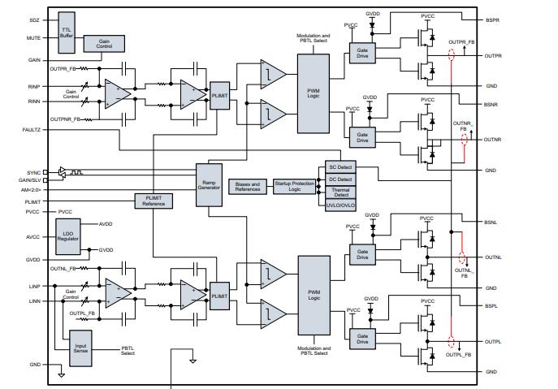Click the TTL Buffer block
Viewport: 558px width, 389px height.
[67, 30]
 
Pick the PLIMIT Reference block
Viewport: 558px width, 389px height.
[154, 200]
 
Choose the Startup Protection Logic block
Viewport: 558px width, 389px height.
[293, 186]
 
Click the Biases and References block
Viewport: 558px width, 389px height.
[248, 186]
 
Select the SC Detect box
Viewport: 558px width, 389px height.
[339, 166]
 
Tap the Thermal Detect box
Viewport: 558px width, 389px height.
[339, 192]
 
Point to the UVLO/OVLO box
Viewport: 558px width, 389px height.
[339, 207]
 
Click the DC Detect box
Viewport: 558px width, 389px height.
[339, 179]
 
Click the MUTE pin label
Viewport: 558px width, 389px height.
[33, 37]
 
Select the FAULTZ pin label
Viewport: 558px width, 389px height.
[32, 130]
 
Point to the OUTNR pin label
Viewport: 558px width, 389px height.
[492, 140]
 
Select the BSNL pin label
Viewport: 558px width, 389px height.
[491, 222]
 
